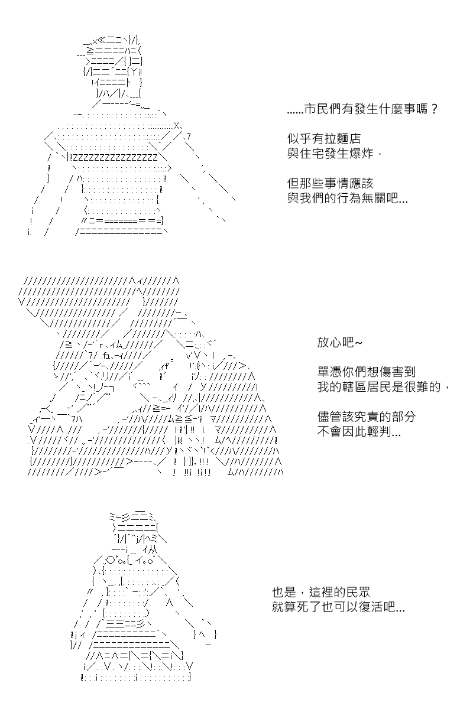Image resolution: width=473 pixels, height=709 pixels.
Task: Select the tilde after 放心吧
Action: point(358,343)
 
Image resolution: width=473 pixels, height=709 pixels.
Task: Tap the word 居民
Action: point(379,387)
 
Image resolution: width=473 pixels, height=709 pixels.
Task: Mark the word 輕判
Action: point(379,431)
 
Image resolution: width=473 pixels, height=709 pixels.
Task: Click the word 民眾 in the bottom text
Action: point(358,592)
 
